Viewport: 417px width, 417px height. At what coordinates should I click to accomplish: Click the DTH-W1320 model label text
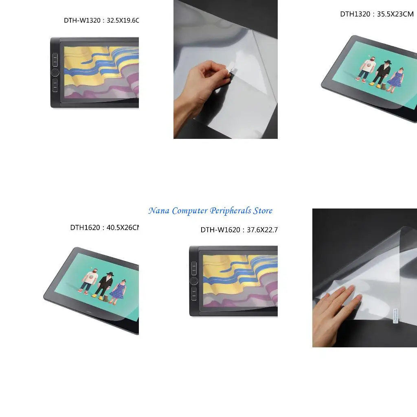(x=101, y=20)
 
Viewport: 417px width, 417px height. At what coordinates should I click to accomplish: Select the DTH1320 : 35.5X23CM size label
(x=377, y=14)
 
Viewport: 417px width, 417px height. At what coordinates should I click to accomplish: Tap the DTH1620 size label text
(x=105, y=228)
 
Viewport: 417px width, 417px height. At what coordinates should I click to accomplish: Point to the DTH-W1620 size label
(x=239, y=230)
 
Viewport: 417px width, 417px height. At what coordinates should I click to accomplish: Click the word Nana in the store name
(x=159, y=211)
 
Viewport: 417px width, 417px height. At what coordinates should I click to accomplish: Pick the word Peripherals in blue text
(x=230, y=211)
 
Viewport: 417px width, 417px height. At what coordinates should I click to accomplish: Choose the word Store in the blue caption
(x=263, y=211)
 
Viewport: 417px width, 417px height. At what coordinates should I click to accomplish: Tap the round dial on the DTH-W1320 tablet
(x=55, y=73)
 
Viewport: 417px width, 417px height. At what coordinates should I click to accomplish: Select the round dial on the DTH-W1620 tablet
(x=194, y=281)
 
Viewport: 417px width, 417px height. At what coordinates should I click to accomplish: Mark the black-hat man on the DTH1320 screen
(x=382, y=73)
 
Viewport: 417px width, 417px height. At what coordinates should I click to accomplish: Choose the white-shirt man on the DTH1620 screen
(x=90, y=280)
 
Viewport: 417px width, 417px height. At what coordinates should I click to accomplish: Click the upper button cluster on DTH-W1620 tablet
(x=194, y=268)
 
